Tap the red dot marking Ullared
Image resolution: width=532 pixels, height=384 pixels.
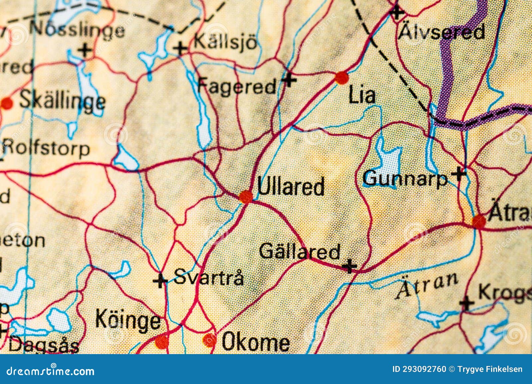pos(246,197)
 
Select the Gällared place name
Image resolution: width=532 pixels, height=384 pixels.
pos(300,251)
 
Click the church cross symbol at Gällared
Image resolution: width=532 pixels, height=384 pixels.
pos(349,266)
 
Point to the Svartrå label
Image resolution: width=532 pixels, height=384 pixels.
pos(208,277)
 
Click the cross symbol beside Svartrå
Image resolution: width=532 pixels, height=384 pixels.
pos(160,281)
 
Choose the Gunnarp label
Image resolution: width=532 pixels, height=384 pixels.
pos(405,179)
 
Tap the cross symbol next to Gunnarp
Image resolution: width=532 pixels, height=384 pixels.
pos(459,173)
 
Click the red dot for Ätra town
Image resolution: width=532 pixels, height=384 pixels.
pos(479,221)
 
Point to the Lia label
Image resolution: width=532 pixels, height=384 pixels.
pos(362,96)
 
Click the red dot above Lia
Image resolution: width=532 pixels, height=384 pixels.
pos(341,78)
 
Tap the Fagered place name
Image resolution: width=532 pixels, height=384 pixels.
pos(237,86)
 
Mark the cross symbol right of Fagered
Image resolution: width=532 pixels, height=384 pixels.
pos(289,80)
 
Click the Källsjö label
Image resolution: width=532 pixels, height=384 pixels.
pos(225,42)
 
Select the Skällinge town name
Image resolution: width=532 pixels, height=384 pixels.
pos(63,100)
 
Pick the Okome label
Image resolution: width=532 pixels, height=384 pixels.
pos(255,342)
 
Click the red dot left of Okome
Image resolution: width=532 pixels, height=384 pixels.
pos(209,340)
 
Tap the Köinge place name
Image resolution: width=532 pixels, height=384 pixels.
pos(128,320)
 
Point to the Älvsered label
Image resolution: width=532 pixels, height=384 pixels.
pos(442,32)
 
